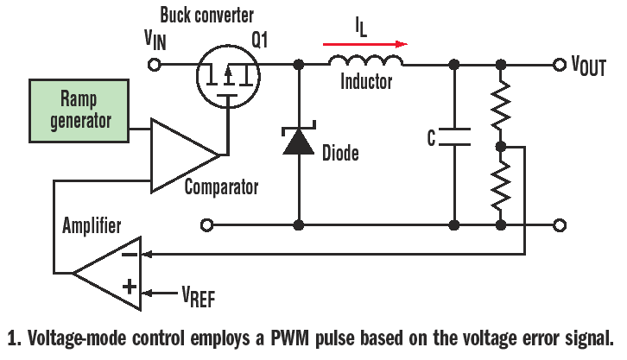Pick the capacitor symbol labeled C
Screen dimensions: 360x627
[453, 136]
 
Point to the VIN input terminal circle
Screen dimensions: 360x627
[156, 65]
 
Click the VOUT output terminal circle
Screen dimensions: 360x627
[559, 65]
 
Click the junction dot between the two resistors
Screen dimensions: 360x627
[502, 147]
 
